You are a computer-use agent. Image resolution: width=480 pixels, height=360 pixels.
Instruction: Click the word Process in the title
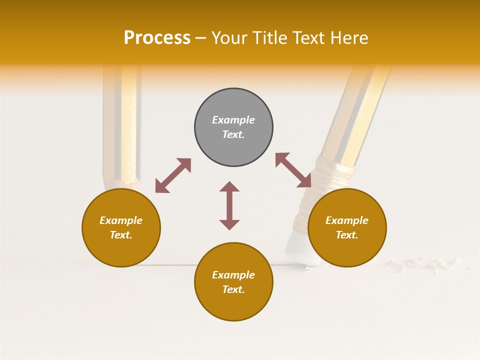[x=157, y=38]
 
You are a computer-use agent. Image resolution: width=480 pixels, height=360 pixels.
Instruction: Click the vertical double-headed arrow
[x=229, y=205]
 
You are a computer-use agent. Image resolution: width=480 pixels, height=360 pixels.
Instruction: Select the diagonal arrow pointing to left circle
[x=173, y=175]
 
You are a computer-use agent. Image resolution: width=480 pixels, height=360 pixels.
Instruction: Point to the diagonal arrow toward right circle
[x=293, y=170]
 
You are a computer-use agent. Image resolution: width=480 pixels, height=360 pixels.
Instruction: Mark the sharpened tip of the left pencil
[x=120, y=182]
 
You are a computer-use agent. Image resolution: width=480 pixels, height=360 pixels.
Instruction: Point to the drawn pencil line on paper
[x=170, y=265]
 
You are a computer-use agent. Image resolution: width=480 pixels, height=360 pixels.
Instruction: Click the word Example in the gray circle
[x=233, y=120]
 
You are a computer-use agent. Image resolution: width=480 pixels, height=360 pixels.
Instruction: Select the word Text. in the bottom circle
[x=233, y=289]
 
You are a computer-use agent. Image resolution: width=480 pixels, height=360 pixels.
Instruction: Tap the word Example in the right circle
[x=347, y=220]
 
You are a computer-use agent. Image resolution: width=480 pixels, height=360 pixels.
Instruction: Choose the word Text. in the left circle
[x=121, y=235]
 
